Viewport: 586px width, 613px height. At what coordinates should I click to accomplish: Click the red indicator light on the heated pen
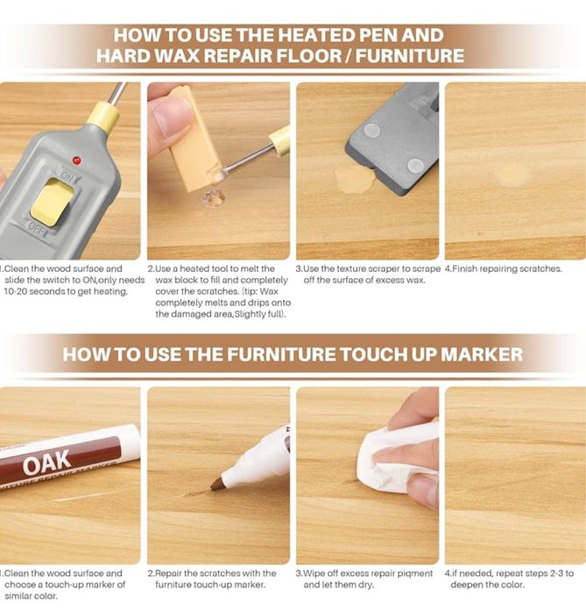pyautogui.click(x=77, y=160)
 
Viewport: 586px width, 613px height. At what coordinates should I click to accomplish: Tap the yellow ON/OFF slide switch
pyautogui.click(x=52, y=203)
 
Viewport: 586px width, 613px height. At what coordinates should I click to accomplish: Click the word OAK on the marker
pyautogui.click(x=46, y=462)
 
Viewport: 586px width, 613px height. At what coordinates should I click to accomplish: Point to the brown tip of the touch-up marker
pyautogui.click(x=216, y=483)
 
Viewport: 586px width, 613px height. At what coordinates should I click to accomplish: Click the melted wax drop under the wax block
pyautogui.click(x=213, y=198)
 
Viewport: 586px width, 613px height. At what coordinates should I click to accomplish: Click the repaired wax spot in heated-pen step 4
pyautogui.click(x=512, y=175)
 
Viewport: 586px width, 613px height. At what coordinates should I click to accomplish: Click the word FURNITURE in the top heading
pyautogui.click(x=410, y=55)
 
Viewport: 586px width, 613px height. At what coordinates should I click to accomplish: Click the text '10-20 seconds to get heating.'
pyautogui.click(x=66, y=291)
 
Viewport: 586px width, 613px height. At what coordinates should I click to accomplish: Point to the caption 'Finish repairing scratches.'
pyautogui.click(x=507, y=268)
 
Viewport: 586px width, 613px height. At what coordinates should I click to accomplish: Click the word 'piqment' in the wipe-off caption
pyautogui.click(x=415, y=574)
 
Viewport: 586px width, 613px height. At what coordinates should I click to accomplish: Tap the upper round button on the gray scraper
pyautogui.click(x=371, y=130)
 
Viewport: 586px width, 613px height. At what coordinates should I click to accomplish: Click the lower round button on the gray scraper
pyautogui.click(x=415, y=166)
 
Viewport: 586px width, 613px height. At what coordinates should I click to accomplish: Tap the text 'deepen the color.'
pyautogui.click(x=488, y=585)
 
